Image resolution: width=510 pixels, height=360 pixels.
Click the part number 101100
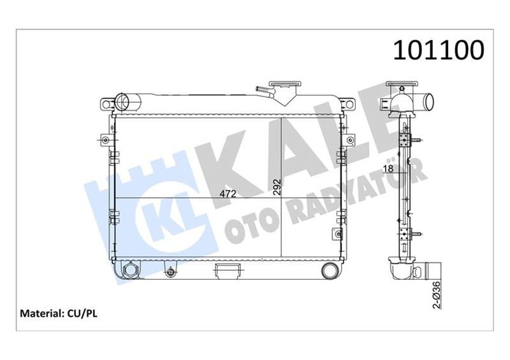439,50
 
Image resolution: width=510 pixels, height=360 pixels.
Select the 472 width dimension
228,194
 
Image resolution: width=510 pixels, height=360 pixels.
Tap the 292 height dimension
277,187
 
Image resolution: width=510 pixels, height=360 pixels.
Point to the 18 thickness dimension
388,168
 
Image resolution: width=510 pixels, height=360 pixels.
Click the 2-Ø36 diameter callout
437,294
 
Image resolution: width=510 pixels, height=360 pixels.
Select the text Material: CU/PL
59,313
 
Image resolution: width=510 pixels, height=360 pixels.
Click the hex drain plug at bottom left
131,270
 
